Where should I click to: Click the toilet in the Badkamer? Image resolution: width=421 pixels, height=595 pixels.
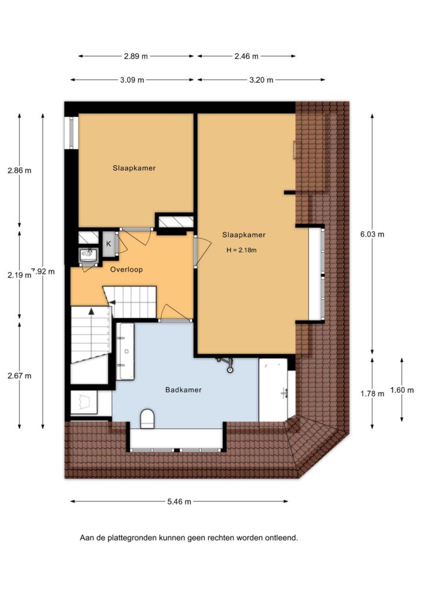[147, 418]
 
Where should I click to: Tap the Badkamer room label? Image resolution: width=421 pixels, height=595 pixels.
[183, 390]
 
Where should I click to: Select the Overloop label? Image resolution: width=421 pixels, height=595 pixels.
[126, 270]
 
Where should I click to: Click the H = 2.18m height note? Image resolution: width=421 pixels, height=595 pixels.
[241, 250]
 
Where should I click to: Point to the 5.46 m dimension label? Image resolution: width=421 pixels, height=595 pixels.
[179, 501]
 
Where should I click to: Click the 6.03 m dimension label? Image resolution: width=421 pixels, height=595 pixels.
[372, 234]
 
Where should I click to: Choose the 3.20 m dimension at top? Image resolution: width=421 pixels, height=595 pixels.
[261, 80]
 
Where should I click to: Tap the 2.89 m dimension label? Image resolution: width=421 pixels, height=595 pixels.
[136, 56]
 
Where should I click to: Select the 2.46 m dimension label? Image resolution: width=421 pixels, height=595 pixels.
[247, 56]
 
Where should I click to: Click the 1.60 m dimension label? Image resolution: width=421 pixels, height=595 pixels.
[402, 390]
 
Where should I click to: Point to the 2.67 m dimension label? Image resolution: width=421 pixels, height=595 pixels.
[19, 376]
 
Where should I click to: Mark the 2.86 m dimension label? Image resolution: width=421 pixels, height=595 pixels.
[19, 170]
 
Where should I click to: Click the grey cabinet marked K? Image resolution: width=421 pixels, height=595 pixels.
[109, 244]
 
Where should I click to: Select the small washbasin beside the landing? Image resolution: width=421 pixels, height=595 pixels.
[89, 255]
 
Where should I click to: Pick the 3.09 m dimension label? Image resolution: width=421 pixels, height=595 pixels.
[132, 80]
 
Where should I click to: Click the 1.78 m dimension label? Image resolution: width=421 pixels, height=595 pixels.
[372, 394]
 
